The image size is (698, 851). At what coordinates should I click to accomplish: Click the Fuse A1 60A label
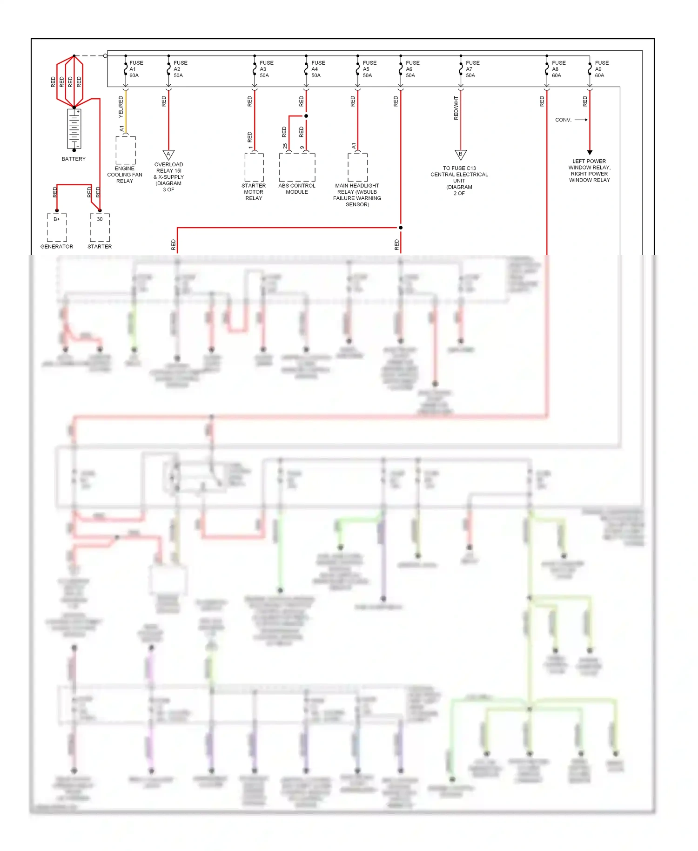135,69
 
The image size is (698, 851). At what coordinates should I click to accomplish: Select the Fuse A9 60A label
601,69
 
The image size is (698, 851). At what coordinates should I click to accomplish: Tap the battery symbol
74,128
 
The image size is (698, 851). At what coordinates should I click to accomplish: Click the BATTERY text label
74,159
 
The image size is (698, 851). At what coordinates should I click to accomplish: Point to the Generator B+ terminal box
57,227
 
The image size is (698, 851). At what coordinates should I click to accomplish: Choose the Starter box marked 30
100,227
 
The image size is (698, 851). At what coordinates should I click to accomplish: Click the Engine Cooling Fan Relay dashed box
125,150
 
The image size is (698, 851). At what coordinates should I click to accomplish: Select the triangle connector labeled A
168,155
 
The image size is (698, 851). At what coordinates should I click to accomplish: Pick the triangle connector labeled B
460,155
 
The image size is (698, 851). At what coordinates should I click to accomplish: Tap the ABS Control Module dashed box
297,167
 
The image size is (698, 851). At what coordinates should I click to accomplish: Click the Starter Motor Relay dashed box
254,167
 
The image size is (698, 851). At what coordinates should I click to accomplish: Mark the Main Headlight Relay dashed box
357,167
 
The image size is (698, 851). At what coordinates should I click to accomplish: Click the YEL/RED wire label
121,107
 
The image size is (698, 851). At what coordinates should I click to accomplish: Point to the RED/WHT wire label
456,108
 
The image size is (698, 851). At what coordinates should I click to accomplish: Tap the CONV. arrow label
563,120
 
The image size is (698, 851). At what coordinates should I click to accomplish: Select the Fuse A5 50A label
369,69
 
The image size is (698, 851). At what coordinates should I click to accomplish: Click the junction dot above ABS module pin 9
306,116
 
